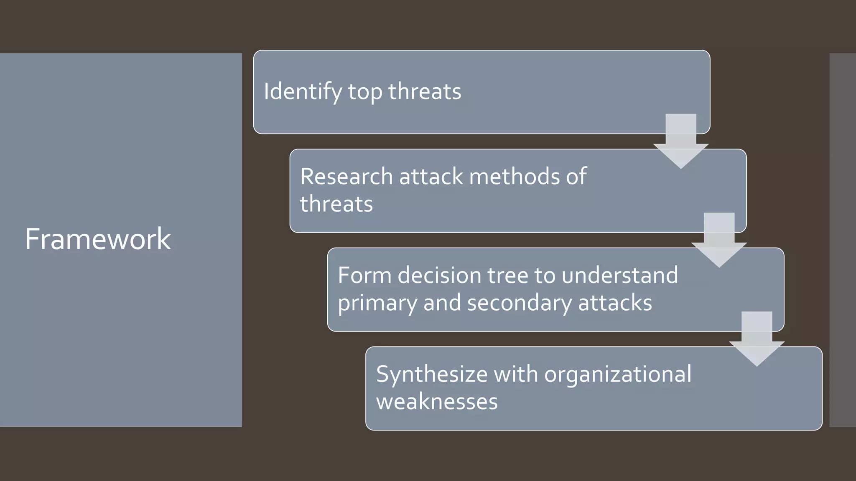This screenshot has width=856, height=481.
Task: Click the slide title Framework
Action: coord(98,239)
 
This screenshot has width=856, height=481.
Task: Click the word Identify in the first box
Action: coord(303,92)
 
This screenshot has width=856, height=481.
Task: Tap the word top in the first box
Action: coord(365,92)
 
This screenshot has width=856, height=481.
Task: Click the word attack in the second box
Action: coord(431,177)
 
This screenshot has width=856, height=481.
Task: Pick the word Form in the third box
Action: coord(364,276)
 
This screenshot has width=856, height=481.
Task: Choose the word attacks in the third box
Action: coord(615,303)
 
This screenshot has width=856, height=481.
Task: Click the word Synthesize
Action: coord(431,375)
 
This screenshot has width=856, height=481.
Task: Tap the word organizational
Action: coord(618,375)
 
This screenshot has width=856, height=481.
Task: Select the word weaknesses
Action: coord(437,402)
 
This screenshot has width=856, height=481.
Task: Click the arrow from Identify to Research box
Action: coord(681,142)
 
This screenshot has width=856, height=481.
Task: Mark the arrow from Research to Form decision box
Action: coord(719,241)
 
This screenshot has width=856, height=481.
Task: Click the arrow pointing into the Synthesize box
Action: coord(757,339)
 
